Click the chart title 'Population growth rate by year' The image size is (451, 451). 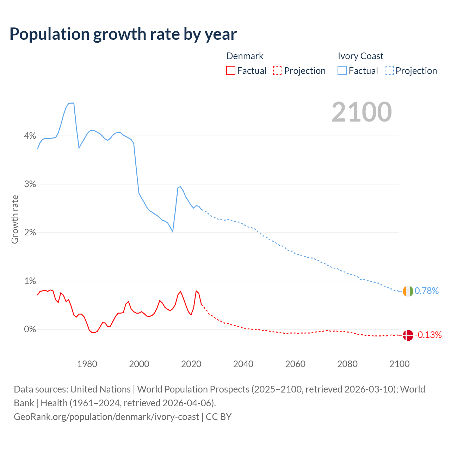coord(123,34)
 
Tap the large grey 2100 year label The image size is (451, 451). coord(362,112)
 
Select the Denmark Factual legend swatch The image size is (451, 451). coord(231,70)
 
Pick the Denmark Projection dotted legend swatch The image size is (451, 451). coord(278,70)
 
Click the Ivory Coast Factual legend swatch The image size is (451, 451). coord(342,70)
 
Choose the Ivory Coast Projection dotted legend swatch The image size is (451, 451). coord(389,70)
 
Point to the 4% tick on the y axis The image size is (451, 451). coord(30,136)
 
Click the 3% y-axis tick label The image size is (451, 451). coord(30,184)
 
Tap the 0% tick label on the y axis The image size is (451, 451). coord(30,329)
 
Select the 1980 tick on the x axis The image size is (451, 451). coord(87,364)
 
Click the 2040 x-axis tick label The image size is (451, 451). coord(243,364)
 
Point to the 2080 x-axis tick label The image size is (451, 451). coord(347,364)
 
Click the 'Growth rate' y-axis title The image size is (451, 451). coord(15,219)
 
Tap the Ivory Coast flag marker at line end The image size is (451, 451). coord(408,291)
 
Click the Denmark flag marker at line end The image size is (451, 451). coord(408,335)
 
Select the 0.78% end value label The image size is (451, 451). coord(427,291)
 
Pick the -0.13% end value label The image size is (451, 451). coord(428,335)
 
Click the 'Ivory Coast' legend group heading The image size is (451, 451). coord(360,56)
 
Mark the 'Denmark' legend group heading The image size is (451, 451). coord(245,56)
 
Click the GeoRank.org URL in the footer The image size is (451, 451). coord(106,417)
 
